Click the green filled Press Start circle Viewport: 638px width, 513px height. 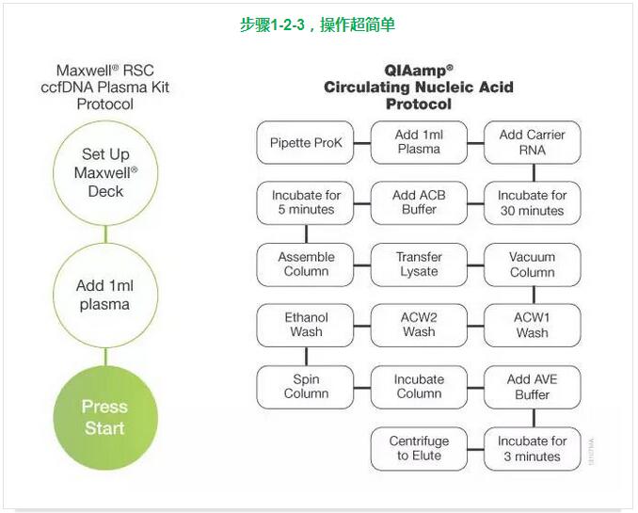pos(104,418)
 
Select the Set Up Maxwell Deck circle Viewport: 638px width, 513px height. pos(104,173)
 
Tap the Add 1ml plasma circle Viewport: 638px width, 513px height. pos(104,295)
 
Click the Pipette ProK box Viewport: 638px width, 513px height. pos(306,143)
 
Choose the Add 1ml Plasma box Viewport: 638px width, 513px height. pos(419,142)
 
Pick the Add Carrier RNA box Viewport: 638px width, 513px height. pos(532,142)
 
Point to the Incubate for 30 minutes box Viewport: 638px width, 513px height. pos(532,203)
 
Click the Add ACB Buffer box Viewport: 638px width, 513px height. pos(419,203)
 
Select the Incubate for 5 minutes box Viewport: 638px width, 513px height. pos(306,203)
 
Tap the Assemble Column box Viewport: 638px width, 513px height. pos(306,265)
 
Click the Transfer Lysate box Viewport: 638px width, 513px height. pos(419,265)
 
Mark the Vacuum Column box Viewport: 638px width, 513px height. pos(532,265)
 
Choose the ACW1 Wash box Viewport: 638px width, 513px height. pos(532,325)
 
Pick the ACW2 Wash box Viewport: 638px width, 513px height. pos(419,325)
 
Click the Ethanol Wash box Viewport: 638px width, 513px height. pos(306,325)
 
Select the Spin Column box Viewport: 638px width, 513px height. pos(306,387)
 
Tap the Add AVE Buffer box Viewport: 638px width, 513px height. pos(532,387)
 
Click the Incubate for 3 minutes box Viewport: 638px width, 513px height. pos(532,448)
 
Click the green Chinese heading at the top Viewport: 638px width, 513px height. pos(317,24)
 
